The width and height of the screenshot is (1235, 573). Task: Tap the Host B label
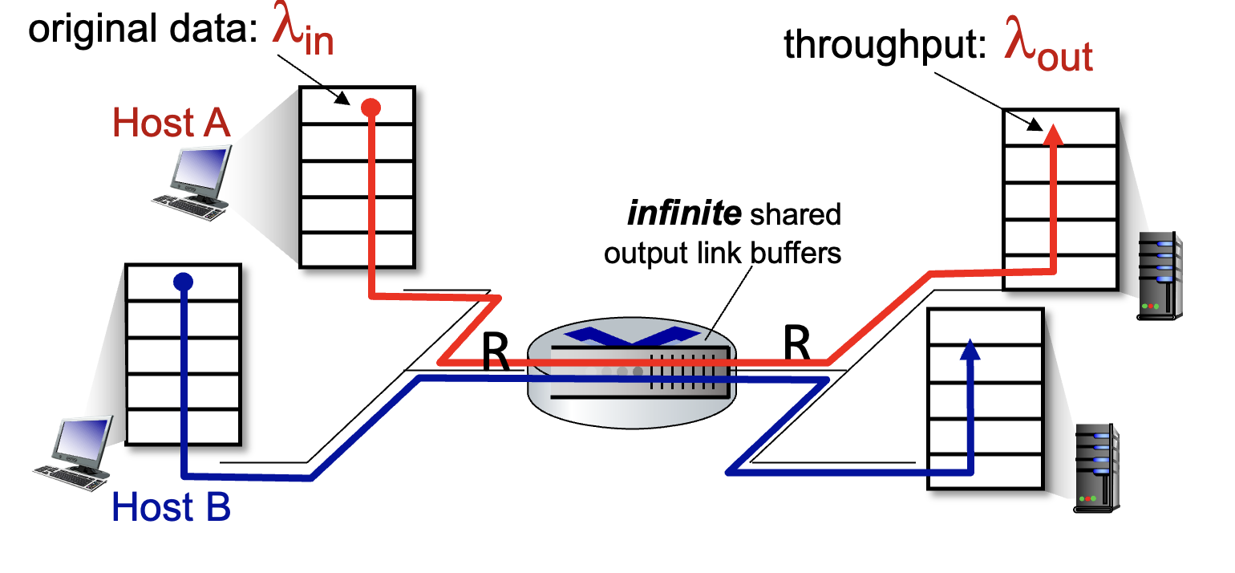171,507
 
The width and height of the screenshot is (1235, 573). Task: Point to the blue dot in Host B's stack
184,282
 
